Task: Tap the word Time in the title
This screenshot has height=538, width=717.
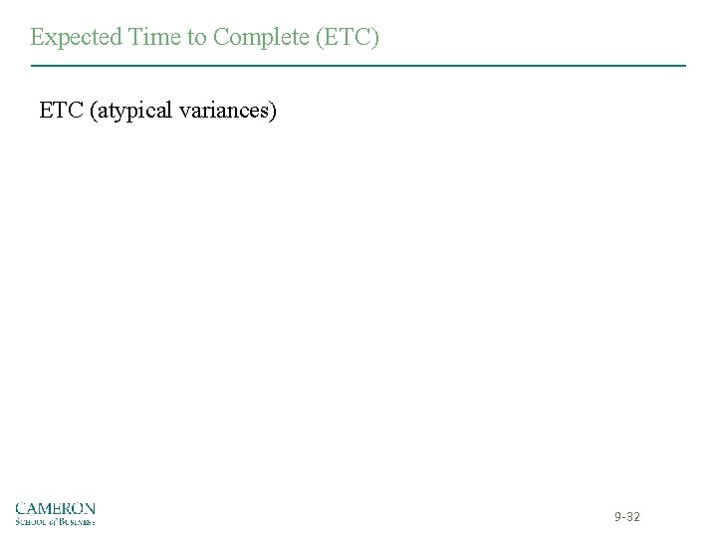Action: (x=146, y=37)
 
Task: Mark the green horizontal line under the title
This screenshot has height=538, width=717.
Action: (x=358, y=66)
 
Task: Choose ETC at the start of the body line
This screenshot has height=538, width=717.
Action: (x=61, y=110)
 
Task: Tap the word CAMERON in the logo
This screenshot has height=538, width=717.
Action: (x=55, y=507)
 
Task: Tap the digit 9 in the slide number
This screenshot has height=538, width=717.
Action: (x=618, y=517)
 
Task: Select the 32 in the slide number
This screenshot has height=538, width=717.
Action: (x=633, y=517)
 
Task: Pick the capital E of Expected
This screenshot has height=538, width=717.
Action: (x=37, y=37)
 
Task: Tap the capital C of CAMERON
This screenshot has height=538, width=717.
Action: (x=21, y=507)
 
